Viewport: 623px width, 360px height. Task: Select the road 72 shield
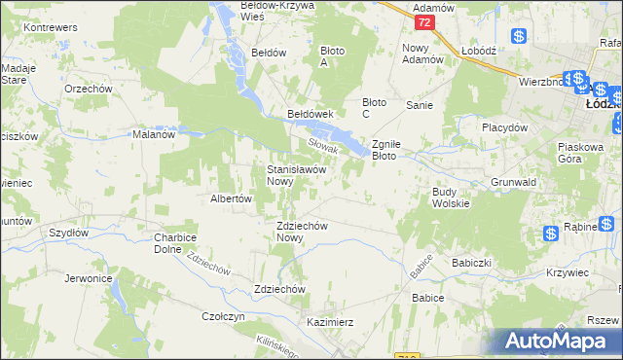pos(422,21)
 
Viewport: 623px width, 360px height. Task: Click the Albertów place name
pos(232,198)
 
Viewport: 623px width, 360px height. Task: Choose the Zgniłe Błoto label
pos(397,149)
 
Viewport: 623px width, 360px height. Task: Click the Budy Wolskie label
pos(451,198)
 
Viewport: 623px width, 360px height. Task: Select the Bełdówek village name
pos(311,114)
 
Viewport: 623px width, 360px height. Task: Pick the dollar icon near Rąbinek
pos(551,233)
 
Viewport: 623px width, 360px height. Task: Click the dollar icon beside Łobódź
pos(519,36)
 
